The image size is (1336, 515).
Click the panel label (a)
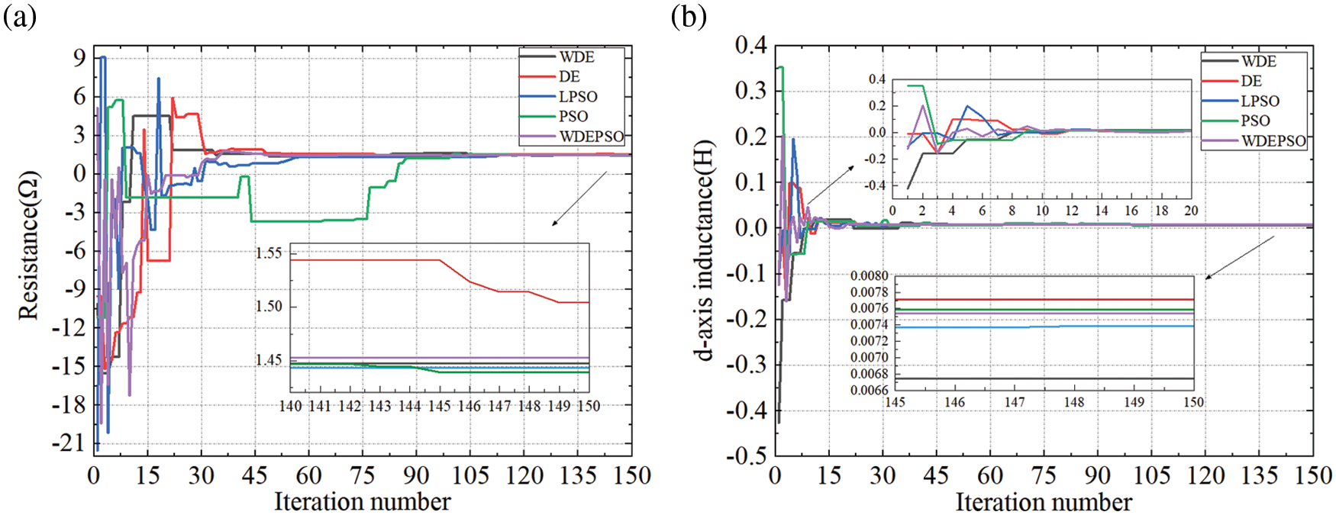20,17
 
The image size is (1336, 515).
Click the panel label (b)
688,17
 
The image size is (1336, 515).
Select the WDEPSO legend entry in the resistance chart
591,137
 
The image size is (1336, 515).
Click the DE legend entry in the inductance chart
1251,81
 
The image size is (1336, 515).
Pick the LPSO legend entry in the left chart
578,97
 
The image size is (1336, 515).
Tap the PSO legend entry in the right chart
1255,121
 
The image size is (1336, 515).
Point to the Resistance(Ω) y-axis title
28,245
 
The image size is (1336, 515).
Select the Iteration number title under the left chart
362,501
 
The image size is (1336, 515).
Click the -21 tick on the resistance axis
69,443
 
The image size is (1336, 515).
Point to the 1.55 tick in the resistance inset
269,253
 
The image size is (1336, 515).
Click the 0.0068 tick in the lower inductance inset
870,374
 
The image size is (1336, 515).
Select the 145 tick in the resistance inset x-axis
439,407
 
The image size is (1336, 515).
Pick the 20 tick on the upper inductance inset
1191,211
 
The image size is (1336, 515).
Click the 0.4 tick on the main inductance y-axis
751,46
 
